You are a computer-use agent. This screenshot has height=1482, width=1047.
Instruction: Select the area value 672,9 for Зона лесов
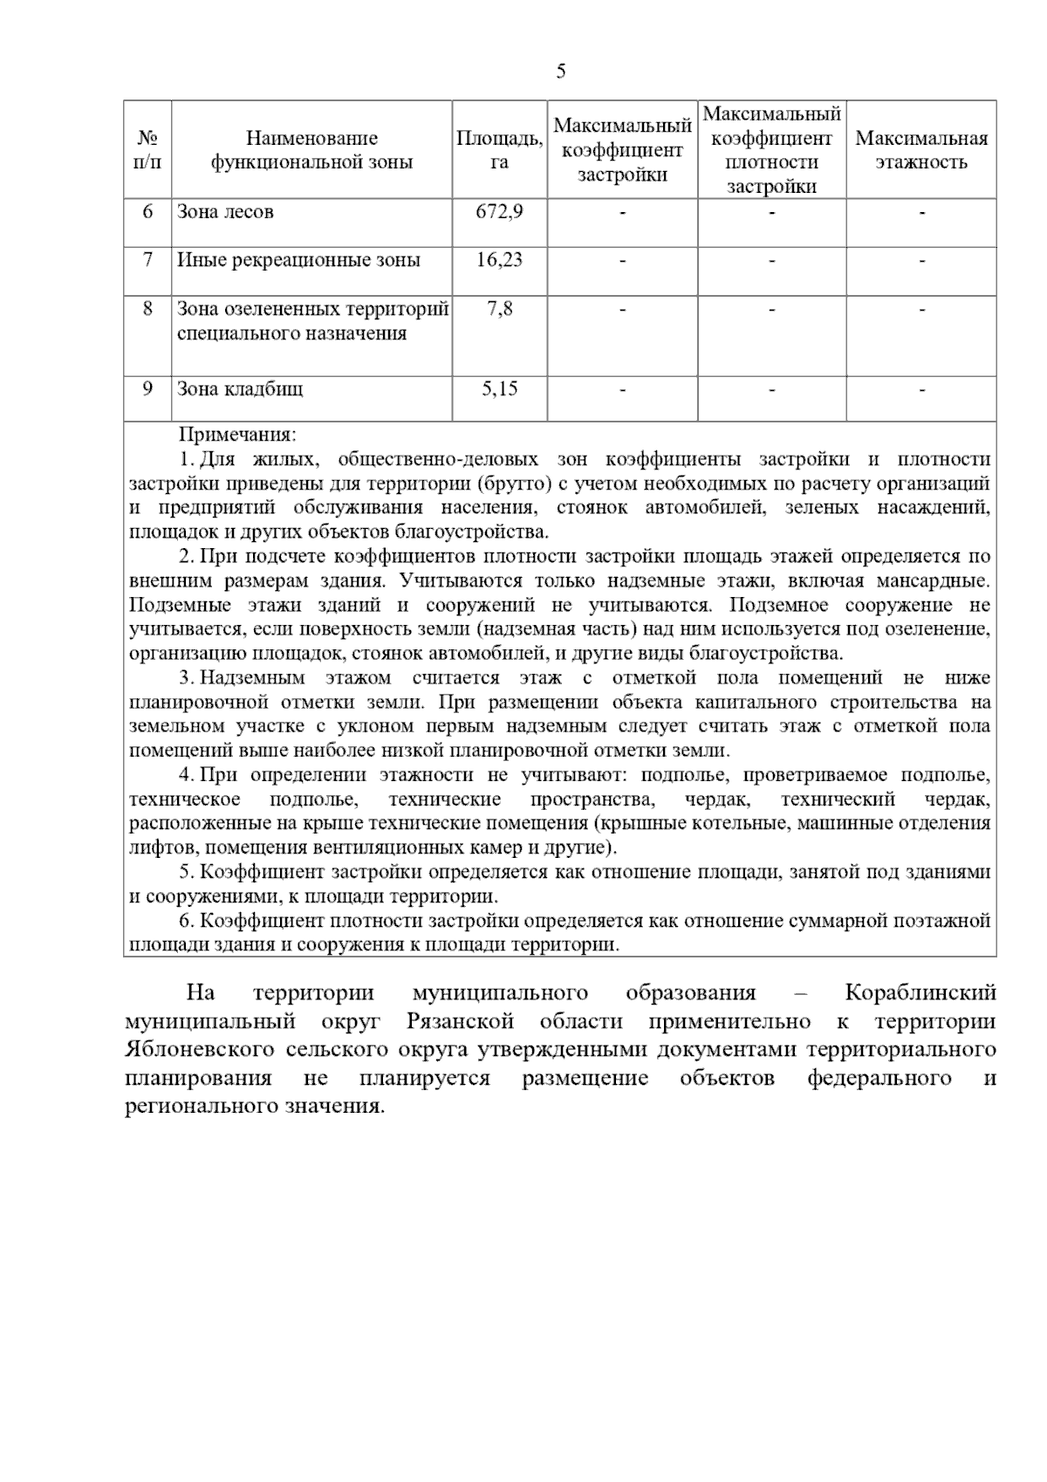[499, 211]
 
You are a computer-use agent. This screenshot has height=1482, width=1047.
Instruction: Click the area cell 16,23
[499, 260]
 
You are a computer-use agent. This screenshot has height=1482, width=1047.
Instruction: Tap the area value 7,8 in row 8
[499, 309]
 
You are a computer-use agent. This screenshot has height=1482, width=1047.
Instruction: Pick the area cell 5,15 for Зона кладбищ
[499, 389]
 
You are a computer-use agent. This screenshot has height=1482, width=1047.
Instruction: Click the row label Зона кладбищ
[240, 389]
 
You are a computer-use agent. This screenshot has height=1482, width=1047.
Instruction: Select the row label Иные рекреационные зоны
[298, 260]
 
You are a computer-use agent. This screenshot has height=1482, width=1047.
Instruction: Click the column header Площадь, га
[499, 150]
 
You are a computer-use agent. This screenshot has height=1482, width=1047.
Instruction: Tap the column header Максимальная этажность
[921, 150]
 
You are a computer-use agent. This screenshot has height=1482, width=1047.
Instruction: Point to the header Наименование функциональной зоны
[311, 150]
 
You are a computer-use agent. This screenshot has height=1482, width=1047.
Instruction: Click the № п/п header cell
[147, 150]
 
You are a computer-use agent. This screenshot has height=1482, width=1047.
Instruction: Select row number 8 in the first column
[147, 309]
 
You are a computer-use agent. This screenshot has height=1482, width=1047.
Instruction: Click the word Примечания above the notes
[237, 435]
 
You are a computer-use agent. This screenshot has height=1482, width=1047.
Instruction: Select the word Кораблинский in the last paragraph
[920, 993]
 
